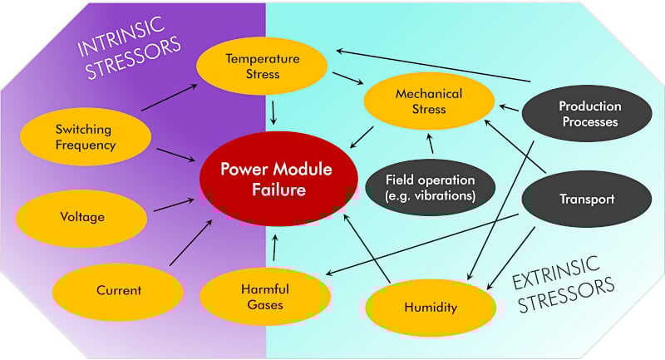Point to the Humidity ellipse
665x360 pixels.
click(430, 307)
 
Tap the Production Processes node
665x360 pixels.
click(588, 114)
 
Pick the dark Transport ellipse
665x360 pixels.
click(587, 199)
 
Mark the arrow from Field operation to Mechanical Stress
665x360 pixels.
click(431, 145)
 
